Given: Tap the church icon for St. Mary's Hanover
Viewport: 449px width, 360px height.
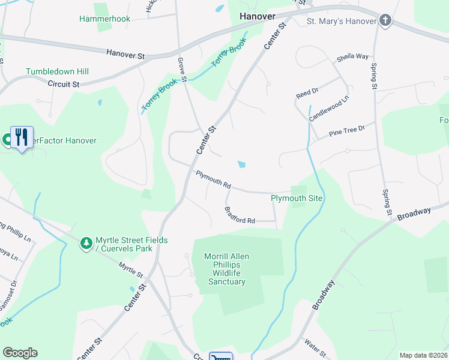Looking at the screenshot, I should tap(385, 22).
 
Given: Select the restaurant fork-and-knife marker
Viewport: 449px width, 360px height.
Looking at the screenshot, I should tap(22, 137).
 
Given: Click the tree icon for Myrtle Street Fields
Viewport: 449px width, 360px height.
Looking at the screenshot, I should tap(87, 244).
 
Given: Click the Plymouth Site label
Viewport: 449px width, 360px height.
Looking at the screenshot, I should tap(297, 198).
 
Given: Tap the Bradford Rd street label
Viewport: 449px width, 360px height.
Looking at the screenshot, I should tap(240, 215).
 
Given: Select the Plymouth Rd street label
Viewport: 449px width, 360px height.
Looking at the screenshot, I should tap(213, 180).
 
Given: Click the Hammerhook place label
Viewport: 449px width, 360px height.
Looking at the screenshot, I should tap(104, 19).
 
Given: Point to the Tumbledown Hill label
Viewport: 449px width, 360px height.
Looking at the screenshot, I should tap(57, 71).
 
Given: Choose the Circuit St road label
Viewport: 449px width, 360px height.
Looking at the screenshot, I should tap(64, 85).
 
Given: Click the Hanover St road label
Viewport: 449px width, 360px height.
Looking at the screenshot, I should tap(126, 55).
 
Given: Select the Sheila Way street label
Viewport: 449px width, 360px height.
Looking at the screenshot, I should tap(352, 57).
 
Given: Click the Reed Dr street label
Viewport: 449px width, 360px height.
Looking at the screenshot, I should tap(306, 94).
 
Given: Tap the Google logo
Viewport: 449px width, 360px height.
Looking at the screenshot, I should tap(20, 353).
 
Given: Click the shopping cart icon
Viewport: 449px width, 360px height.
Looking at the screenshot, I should tap(220, 356).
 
